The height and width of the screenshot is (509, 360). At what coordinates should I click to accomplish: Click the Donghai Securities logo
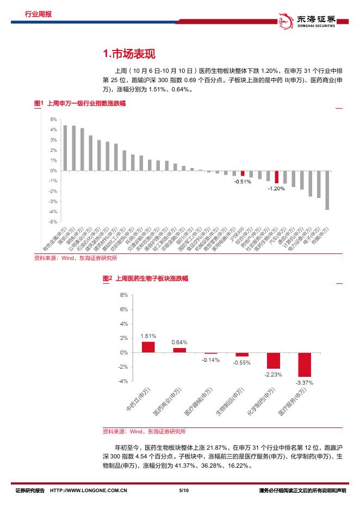click(x=312, y=20)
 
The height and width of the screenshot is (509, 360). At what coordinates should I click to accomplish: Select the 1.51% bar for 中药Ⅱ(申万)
click(x=148, y=346)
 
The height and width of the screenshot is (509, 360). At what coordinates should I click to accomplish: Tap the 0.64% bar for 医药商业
click(x=179, y=350)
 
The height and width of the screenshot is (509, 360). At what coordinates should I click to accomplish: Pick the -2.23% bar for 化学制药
click(x=274, y=361)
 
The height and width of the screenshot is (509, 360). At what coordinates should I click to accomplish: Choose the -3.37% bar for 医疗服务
click(x=305, y=364)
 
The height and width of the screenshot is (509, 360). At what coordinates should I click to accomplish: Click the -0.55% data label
click(x=242, y=362)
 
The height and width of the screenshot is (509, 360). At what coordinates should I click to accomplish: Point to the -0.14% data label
click(x=210, y=360)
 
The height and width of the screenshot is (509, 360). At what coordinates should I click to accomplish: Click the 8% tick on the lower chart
click(x=123, y=295)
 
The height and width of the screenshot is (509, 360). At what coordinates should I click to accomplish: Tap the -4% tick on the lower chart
click(x=123, y=381)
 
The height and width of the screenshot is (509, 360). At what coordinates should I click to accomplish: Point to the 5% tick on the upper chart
click(x=53, y=119)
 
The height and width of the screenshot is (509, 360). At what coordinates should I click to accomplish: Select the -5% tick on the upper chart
click(x=53, y=222)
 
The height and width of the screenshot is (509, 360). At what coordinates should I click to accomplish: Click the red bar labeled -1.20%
click(x=276, y=177)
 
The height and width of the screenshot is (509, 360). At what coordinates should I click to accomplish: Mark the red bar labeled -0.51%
click(x=243, y=173)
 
